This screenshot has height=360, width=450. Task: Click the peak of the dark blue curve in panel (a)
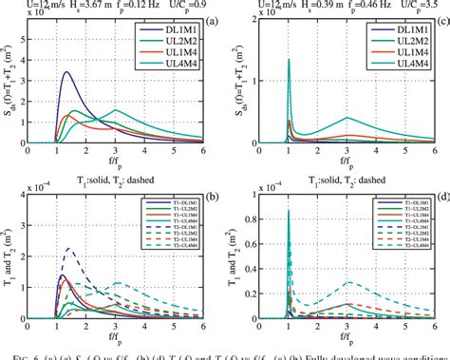[66, 72]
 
